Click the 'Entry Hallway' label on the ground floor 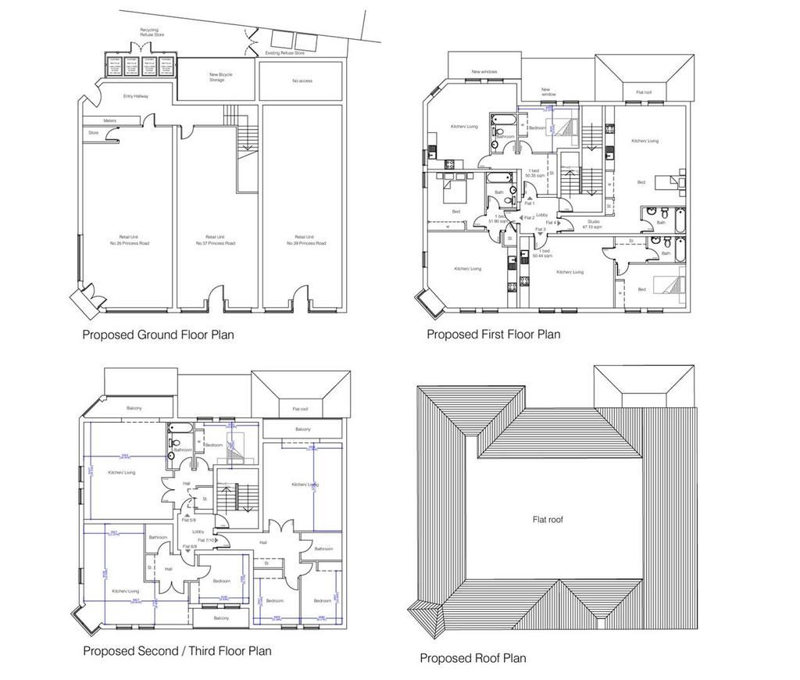[135, 96]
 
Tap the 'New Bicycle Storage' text [220, 77]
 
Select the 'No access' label [302, 81]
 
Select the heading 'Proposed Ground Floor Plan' [158, 335]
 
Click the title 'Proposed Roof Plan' [473, 658]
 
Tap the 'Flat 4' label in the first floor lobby [550, 223]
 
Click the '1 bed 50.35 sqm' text [534, 174]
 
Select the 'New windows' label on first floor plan [484, 72]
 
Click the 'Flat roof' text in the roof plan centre [549, 519]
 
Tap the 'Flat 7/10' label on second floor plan [206, 540]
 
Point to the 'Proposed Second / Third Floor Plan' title [177, 650]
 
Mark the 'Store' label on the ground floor [94, 133]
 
